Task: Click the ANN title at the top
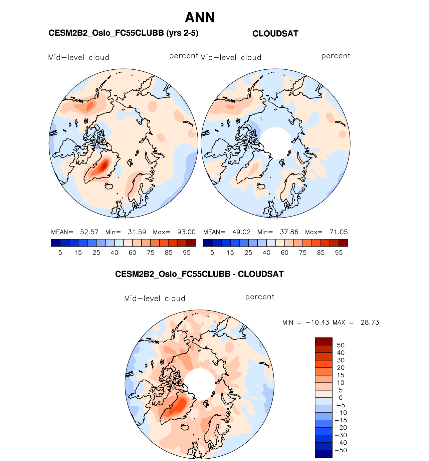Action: point(200,18)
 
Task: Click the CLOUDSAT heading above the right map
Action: point(275,34)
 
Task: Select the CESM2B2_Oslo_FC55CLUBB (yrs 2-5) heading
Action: point(123,33)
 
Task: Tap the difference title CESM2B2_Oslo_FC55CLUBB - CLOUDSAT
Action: point(199,274)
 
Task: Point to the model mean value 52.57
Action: point(89,232)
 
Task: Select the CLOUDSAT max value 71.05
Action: point(339,232)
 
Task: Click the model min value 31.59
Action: point(137,232)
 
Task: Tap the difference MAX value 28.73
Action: point(370,323)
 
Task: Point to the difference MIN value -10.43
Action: point(317,323)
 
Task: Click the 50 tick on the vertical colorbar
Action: point(341,345)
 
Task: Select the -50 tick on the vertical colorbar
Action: point(341,450)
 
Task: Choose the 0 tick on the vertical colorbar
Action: point(341,398)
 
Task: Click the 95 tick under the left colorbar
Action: point(187,253)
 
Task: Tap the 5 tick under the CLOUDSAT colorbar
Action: point(212,253)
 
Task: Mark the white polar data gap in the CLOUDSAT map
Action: point(276,143)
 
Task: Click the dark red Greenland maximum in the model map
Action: point(105,165)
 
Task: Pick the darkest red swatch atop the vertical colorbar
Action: point(324,341)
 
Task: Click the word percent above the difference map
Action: point(260,297)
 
